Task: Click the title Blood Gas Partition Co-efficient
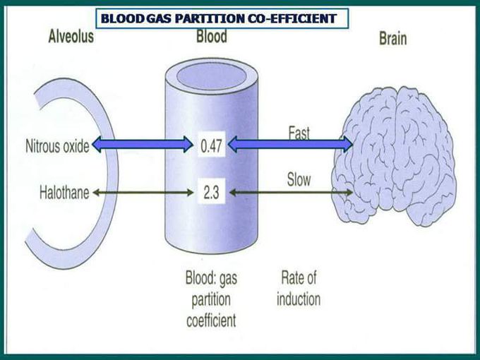[219, 18]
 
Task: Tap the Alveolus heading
[71, 37]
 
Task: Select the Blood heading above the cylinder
[212, 36]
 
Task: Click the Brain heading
[393, 39]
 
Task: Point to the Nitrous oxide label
[57, 146]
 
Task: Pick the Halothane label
[64, 193]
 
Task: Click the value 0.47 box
[211, 145]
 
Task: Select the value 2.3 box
[211, 192]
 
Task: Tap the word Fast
[299, 133]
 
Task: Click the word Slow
[299, 180]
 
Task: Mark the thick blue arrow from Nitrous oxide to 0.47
[143, 144]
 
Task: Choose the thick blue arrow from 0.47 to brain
[291, 144]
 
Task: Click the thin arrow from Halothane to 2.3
[143, 193]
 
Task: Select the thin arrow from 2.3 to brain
[291, 193]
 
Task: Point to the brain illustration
[395, 156]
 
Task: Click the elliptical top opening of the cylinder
[212, 76]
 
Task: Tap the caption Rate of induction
[299, 289]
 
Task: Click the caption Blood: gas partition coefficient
[211, 299]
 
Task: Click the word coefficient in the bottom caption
[211, 320]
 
